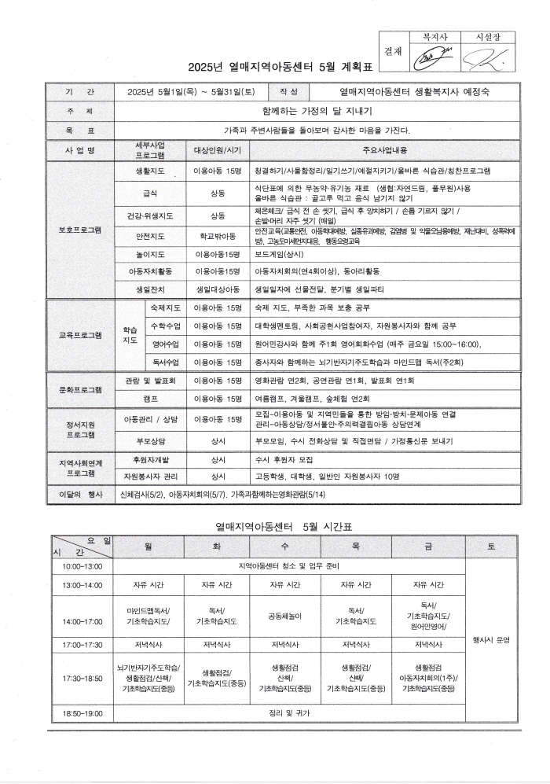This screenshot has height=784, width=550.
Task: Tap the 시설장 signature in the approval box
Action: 482,57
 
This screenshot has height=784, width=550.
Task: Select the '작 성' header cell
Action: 288,92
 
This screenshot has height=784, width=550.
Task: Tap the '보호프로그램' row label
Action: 80,230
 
